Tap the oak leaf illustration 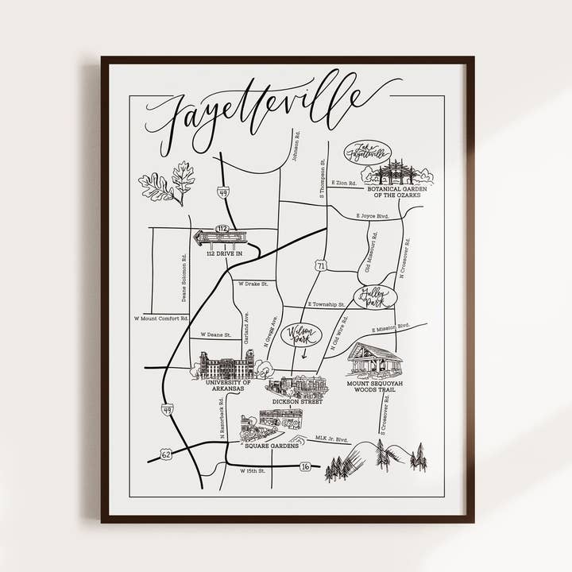(x=168, y=184)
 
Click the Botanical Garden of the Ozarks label (x=396, y=193)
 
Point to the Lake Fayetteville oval (x=367, y=152)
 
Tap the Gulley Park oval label (x=375, y=297)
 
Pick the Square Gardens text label (x=272, y=446)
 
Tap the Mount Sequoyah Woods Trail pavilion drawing (x=375, y=360)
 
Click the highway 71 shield (x=321, y=265)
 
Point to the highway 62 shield (x=165, y=454)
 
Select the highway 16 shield (x=304, y=466)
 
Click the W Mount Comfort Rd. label (x=160, y=319)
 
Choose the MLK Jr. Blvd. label (x=332, y=439)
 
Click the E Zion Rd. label (x=346, y=183)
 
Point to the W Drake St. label (x=253, y=284)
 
